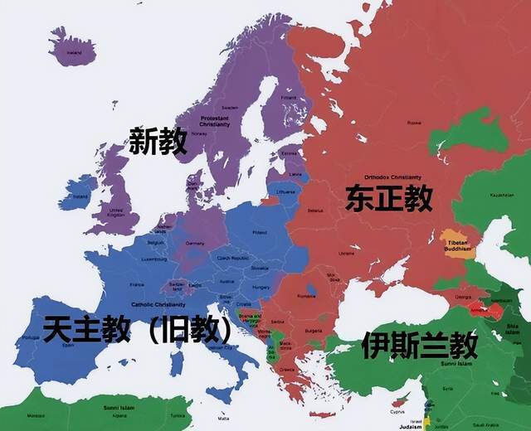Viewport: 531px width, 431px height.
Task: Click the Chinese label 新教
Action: (158, 142)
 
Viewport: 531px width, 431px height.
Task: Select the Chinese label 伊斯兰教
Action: (419, 345)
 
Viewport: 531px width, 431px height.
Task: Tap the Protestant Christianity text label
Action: (215, 121)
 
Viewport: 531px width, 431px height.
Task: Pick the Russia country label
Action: (414, 122)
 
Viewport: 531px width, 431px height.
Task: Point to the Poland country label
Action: (260, 233)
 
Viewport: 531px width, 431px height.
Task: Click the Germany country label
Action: (196, 244)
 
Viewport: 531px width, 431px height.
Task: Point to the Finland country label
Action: (288, 97)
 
